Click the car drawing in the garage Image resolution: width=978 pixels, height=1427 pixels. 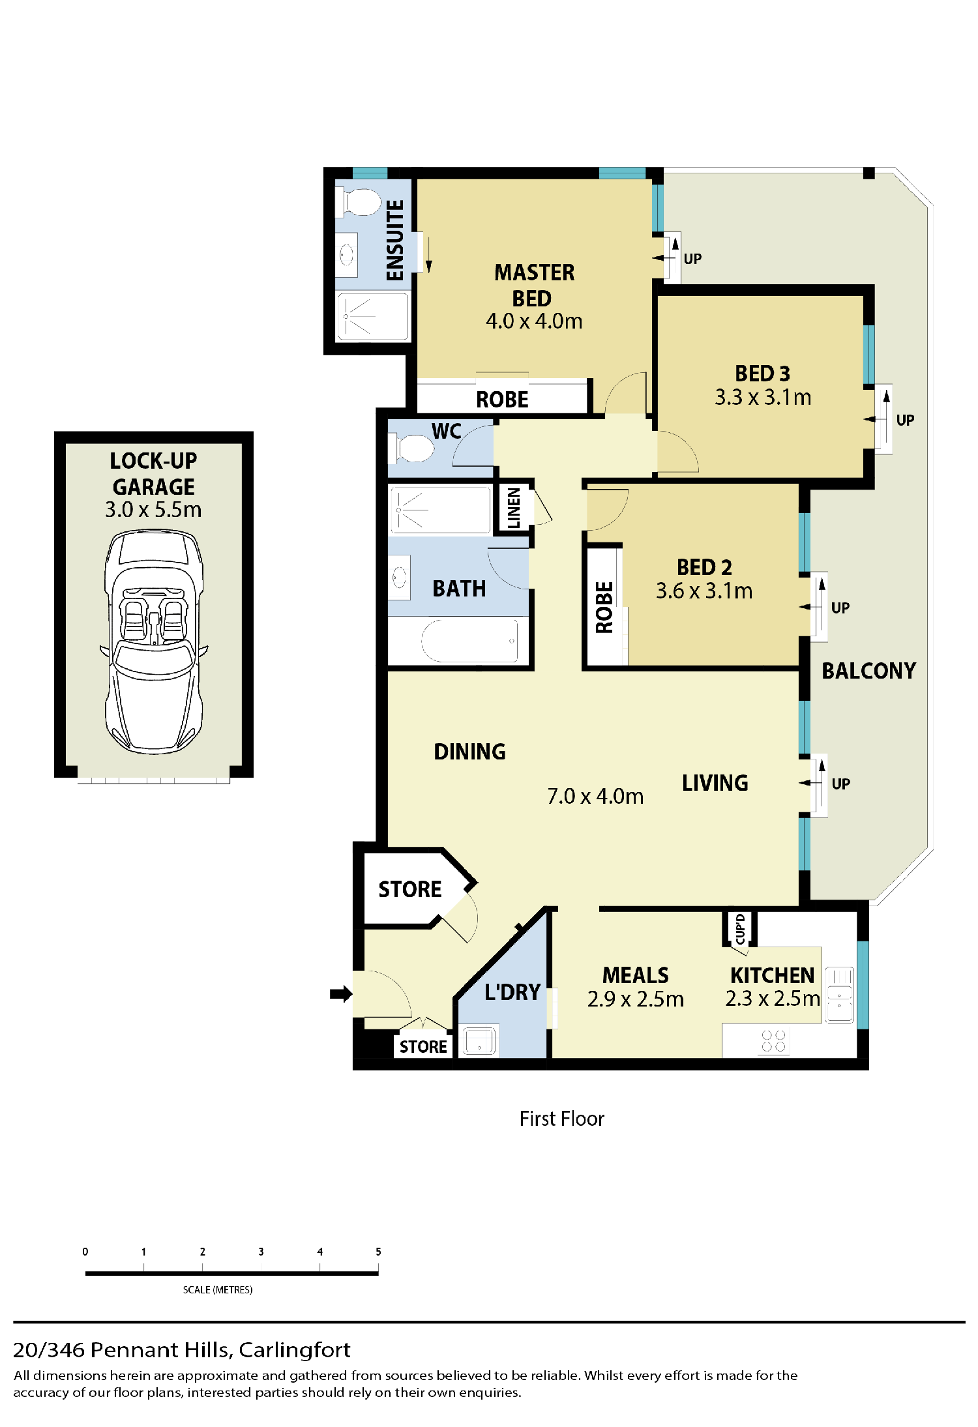pos(154,641)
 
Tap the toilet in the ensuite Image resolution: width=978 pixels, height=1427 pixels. pos(358,202)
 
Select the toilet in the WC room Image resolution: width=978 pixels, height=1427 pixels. pos(411,448)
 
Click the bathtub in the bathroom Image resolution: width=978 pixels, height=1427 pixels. pos(469,640)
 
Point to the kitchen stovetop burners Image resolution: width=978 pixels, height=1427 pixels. pos(773,1041)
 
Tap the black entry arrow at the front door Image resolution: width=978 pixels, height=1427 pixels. pos(341,993)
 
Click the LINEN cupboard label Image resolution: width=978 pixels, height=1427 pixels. pos(514,508)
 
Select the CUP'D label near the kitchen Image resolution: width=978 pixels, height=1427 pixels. pos(740,929)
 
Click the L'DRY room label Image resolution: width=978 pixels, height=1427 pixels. pos(512,992)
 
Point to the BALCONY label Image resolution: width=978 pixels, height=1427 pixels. pos(868,671)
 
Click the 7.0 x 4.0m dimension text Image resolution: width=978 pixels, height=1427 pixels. pos(595,796)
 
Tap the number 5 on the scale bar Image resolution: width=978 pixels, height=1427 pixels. pos(378,1252)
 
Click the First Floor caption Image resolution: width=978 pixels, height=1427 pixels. pos(562,1119)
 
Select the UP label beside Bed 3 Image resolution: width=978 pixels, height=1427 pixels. pos(905,420)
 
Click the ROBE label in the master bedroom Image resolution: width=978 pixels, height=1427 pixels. pos(502,400)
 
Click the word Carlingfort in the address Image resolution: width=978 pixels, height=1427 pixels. pos(295,1349)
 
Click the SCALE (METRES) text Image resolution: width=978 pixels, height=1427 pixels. pos(218,1289)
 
